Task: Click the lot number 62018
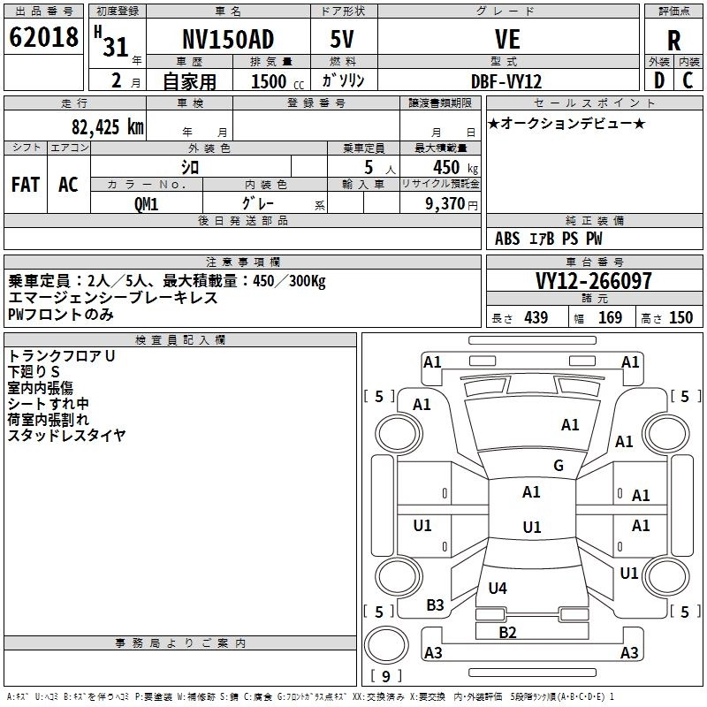43,37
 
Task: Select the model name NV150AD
228,39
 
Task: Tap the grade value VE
507,39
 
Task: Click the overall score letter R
673,41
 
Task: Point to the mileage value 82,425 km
108,127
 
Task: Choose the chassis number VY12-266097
594,281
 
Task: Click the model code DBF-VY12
506,81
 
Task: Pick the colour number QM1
146,204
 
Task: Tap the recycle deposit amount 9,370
445,204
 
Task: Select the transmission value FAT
26,185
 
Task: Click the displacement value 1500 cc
277,81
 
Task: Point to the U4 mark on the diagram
498,588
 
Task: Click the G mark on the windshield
559,466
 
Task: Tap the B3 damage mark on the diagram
435,604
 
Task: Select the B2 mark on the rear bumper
507,632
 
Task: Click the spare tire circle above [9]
386,645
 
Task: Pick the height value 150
680,318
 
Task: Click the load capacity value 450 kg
455,167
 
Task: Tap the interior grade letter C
688,80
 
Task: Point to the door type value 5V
342,39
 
